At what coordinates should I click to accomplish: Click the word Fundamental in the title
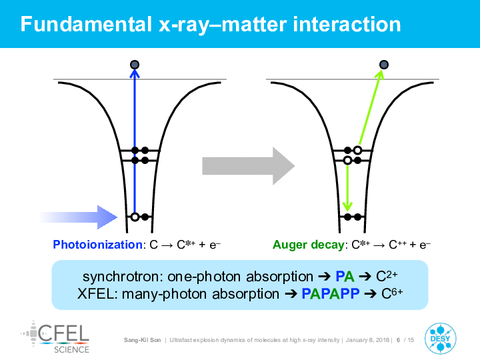86,24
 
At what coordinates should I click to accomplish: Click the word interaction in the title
347,24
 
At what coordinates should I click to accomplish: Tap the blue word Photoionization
97,245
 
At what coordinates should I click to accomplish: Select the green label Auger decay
309,245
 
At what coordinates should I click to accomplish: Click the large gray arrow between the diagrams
248,166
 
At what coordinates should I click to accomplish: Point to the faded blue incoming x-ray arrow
79,217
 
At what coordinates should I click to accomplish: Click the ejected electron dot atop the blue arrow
135,65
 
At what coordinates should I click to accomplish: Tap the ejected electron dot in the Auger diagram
384,65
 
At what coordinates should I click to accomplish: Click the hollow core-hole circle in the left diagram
135,217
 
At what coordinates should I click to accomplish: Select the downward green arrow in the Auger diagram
347,187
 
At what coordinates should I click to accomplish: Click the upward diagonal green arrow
371,107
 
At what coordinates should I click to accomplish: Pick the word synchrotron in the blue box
121,277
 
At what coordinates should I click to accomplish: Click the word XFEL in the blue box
96,294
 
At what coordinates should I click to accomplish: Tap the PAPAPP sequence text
330,294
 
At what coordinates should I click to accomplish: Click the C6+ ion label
392,293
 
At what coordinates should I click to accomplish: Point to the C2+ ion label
387,276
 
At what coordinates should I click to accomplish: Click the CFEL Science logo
55,337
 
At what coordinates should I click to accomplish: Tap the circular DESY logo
440,338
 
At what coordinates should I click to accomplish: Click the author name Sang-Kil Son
143,340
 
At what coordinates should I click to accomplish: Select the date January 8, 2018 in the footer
367,340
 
